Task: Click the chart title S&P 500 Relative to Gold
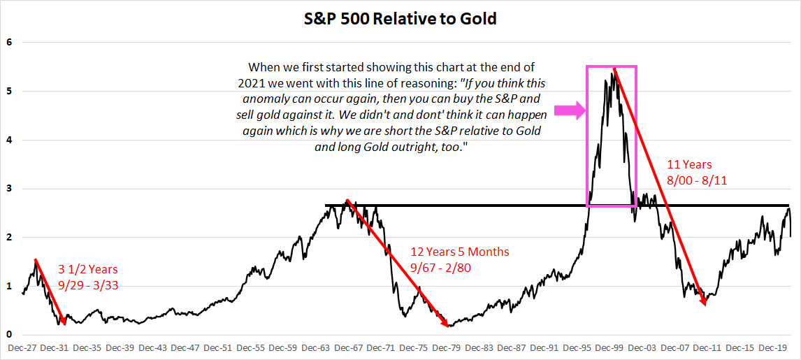click(x=400, y=20)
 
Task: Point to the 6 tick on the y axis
click(x=9, y=43)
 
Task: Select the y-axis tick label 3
click(x=9, y=189)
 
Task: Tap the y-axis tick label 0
click(x=9, y=335)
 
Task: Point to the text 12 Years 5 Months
click(x=461, y=252)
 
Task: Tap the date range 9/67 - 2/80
click(x=440, y=267)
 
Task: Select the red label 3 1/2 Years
click(x=88, y=269)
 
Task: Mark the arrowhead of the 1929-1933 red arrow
click(x=64, y=320)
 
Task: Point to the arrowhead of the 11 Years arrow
click(x=703, y=301)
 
